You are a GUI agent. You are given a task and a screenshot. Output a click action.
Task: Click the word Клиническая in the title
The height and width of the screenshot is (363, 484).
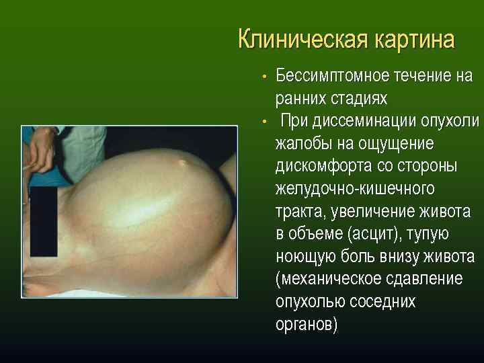coord(298,40)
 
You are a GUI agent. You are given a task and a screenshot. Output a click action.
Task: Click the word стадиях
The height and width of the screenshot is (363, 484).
coord(358,98)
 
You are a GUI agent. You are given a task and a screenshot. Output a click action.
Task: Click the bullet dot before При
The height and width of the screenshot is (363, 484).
coord(266,122)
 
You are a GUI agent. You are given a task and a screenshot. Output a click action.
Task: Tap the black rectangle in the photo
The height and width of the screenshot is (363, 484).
coord(44,221)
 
